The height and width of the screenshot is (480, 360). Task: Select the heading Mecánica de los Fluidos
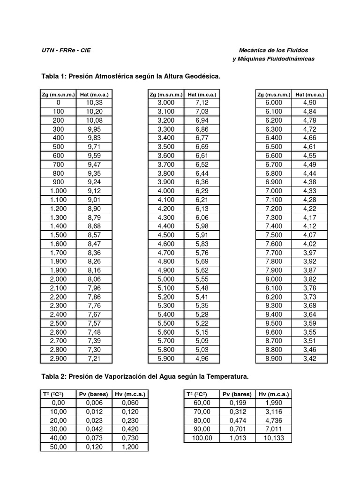tap(273, 50)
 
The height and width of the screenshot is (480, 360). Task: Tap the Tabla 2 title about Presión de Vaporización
tap(144, 376)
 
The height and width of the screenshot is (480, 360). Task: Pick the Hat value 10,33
tap(94, 103)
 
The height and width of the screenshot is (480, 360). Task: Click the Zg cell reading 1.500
tap(59, 235)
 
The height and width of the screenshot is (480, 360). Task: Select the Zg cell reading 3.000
tap(166, 103)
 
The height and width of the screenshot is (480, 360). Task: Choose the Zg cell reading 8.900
tap(274, 359)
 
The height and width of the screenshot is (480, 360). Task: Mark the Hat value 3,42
tap(310, 359)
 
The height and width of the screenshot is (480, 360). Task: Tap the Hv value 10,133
tap(273, 438)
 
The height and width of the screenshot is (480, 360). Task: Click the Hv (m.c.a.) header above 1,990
tap(273, 394)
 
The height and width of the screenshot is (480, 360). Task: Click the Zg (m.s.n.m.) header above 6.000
tap(274, 94)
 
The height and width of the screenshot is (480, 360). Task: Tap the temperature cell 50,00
tap(59, 447)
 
